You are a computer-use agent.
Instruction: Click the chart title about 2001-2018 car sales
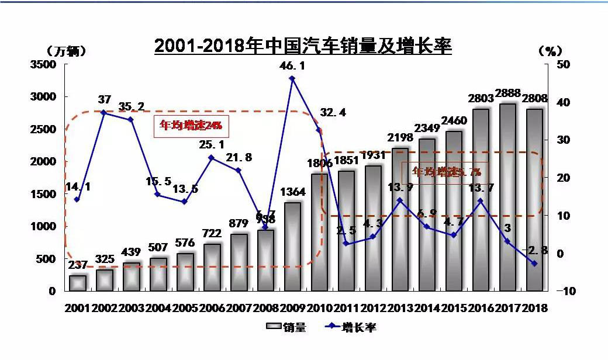click(x=303, y=46)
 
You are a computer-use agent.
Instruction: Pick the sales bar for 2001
click(x=78, y=283)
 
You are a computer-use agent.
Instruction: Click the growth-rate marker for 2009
click(x=292, y=78)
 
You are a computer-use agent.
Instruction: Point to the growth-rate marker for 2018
click(x=534, y=264)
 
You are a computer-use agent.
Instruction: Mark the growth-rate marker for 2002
click(x=103, y=112)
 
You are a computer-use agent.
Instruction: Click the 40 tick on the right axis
click(x=562, y=102)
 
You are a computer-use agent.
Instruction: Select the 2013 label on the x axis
click(x=400, y=308)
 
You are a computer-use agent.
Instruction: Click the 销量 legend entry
click(x=286, y=327)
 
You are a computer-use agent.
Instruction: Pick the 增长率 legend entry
click(x=350, y=327)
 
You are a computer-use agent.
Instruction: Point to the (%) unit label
click(x=550, y=51)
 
